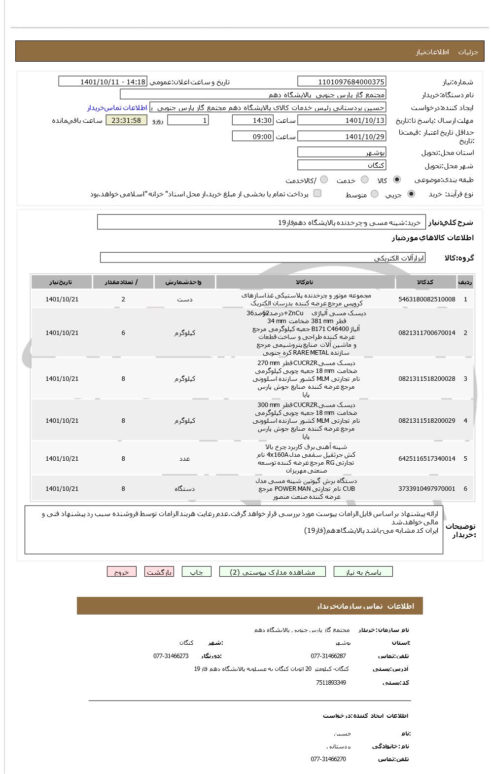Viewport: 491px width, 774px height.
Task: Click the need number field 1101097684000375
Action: click(342, 82)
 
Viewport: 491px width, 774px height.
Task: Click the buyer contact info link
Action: click(117, 108)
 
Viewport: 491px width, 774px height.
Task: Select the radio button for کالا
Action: click(397, 180)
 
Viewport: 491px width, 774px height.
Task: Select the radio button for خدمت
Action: click(365, 180)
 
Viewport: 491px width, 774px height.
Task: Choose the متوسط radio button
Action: click(375, 194)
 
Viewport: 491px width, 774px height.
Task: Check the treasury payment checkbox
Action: click(317, 193)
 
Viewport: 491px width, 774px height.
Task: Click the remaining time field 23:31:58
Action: click(126, 120)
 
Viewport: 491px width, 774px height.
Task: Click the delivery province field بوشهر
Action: click(342, 152)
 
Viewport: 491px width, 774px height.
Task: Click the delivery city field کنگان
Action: click(342, 165)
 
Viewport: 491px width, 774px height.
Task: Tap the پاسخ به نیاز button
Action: click(363, 572)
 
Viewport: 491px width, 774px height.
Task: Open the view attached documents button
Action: click(273, 572)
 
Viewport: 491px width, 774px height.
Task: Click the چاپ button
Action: click(197, 572)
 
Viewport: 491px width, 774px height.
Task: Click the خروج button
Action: click(121, 572)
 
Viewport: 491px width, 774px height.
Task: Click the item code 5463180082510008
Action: click(426, 299)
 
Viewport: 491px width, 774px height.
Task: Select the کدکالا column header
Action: click(425, 282)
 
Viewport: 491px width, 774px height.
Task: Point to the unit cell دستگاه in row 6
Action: click(184, 489)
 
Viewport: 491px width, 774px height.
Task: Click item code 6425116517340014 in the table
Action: click(426, 459)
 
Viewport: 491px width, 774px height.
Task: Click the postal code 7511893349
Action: click(331, 683)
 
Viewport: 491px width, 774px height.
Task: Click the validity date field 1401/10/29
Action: click(342, 137)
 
